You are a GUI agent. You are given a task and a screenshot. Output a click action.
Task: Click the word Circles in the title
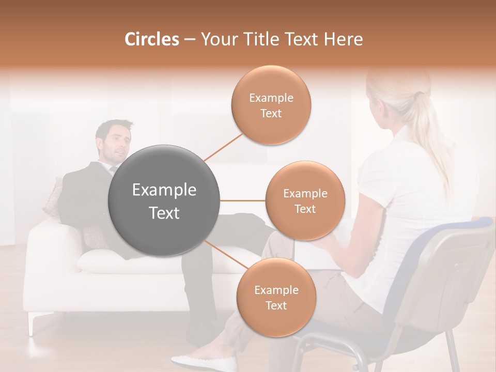pyautogui.click(x=151, y=39)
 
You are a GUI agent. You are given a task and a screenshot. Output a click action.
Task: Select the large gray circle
pyautogui.click(x=164, y=200)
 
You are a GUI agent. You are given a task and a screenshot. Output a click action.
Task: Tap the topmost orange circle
pyautogui.click(x=271, y=105)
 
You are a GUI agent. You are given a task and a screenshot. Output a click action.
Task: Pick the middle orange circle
pyautogui.click(x=305, y=200)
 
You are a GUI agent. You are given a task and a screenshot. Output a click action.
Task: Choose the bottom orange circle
pyautogui.click(x=276, y=297)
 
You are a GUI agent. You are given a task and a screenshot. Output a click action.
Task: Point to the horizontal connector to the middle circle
pyautogui.click(x=243, y=200)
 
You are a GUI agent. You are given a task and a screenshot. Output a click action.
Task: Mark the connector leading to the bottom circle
pyautogui.click(x=223, y=255)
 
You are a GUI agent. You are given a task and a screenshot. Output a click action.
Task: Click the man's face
pyautogui.click(x=118, y=143)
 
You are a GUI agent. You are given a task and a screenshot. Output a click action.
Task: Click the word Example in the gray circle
pyautogui.click(x=164, y=190)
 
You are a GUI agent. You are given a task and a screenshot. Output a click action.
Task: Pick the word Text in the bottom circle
pyautogui.click(x=276, y=305)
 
